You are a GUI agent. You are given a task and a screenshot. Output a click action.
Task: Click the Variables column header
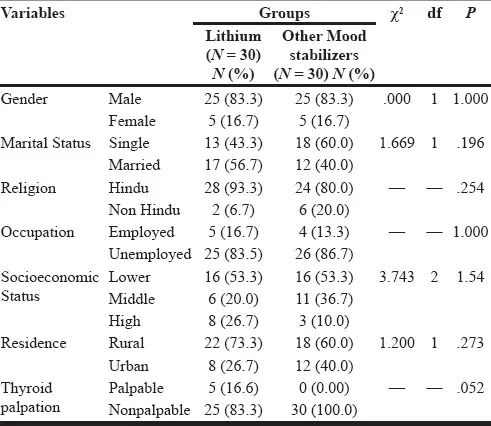(x=32, y=13)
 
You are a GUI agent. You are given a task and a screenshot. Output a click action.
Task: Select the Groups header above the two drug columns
(x=284, y=13)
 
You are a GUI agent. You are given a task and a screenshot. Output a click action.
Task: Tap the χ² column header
(x=396, y=14)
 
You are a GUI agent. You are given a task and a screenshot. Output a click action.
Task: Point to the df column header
(x=434, y=13)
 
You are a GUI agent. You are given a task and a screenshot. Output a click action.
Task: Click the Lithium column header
(x=233, y=55)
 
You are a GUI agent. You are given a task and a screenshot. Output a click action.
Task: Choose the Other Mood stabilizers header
(x=324, y=55)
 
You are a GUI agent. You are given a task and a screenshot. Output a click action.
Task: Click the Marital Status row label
(x=46, y=143)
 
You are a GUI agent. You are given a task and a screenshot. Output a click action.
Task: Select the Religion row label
(x=28, y=188)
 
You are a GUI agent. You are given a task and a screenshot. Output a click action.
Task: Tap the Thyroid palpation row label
(x=30, y=397)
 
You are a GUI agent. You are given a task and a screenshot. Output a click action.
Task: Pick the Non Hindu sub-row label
(x=144, y=210)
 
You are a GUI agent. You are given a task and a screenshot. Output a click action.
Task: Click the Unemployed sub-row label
(x=150, y=255)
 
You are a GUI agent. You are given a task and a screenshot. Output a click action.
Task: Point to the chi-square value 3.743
(x=397, y=277)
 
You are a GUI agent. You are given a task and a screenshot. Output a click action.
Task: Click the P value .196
(x=471, y=143)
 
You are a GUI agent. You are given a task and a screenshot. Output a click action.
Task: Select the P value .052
(x=470, y=388)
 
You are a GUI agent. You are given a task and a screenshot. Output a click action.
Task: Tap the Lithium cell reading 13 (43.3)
(x=233, y=143)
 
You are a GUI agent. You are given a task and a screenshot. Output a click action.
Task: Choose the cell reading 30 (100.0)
(x=324, y=410)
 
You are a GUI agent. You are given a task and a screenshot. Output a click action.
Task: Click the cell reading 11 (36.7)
(x=324, y=299)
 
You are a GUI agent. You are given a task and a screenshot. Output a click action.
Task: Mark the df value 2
(x=434, y=277)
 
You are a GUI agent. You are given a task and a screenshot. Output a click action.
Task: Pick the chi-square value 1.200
(x=397, y=343)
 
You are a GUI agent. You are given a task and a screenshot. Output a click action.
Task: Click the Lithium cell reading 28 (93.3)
(x=233, y=188)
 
